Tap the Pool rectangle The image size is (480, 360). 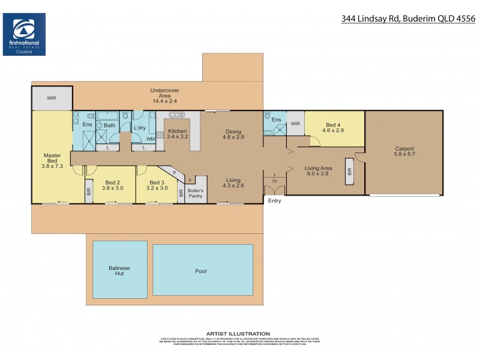202,271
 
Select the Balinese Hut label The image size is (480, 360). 119,270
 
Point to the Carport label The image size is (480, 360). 404,149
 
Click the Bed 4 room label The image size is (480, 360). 332,127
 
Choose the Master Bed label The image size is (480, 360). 52,159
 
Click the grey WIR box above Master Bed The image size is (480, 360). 52,98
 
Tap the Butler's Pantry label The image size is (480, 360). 196,193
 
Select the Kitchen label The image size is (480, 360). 177,131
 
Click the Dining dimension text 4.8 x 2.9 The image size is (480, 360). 233,137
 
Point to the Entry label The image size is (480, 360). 275,201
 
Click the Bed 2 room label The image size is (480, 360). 113,183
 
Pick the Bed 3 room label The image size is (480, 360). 157,183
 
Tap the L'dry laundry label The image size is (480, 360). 140,128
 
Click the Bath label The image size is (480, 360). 109,125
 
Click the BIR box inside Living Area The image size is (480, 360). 349,170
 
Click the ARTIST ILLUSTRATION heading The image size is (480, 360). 238,334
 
